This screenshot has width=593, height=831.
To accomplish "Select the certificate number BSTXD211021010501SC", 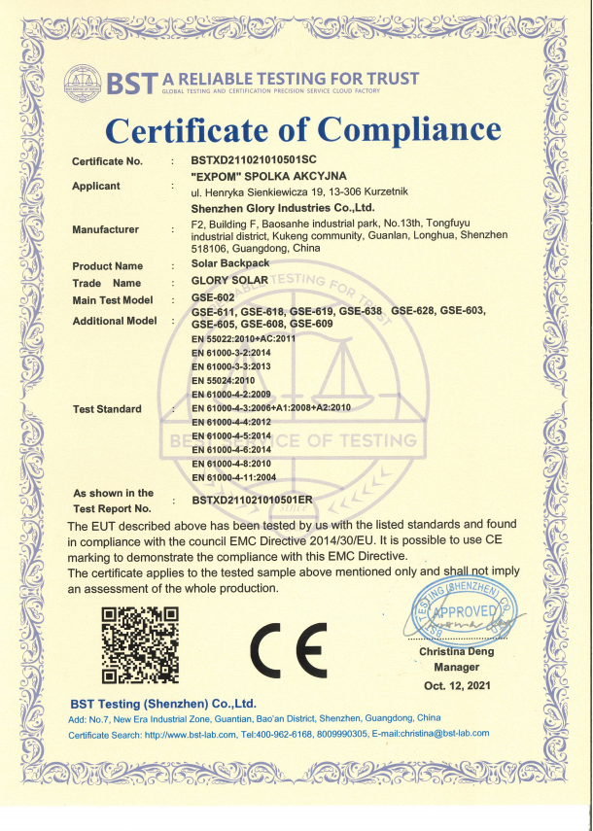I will pyautogui.click(x=256, y=159).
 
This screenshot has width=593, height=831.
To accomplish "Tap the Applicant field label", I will pyautogui.click(x=96, y=186).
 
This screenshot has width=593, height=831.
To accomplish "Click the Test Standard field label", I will pyautogui.click(x=107, y=409).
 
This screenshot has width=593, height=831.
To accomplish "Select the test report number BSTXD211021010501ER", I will pyautogui.click(x=252, y=501).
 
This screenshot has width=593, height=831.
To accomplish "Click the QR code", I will pyautogui.click(x=141, y=643).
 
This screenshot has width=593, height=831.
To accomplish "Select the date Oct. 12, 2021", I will pyautogui.click(x=457, y=685).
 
